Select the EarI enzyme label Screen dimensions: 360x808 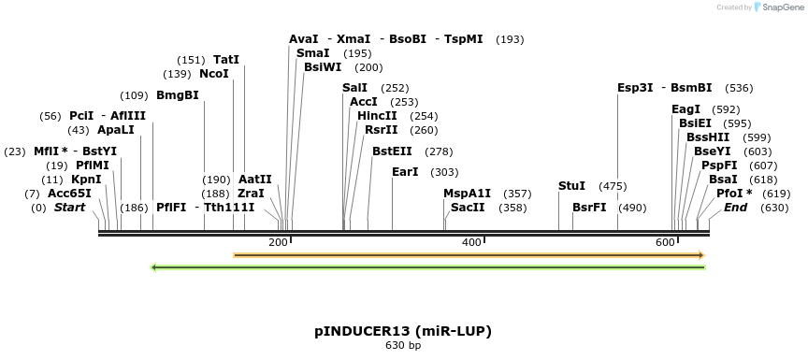point(405,172)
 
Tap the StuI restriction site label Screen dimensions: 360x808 point(571,186)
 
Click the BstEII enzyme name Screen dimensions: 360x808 point(392,151)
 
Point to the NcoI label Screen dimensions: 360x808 point(214,74)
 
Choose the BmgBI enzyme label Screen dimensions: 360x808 point(178,95)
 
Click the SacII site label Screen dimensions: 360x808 point(468,208)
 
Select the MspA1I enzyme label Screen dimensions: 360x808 point(467,194)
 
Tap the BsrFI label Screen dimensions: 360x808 point(589,208)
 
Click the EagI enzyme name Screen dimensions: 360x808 point(685,109)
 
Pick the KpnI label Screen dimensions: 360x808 point(86,180)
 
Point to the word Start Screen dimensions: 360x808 point(70,208)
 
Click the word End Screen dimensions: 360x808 point(735,208)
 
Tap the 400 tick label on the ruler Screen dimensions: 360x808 point(470,243)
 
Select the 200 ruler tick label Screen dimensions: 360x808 point(278,243)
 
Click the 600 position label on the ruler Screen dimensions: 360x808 point(664,243)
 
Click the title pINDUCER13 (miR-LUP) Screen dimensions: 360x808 point(403,331)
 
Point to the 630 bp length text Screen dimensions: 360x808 point(403,346)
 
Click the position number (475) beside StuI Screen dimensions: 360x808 point(613,186)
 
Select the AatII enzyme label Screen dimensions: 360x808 point(255,180)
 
